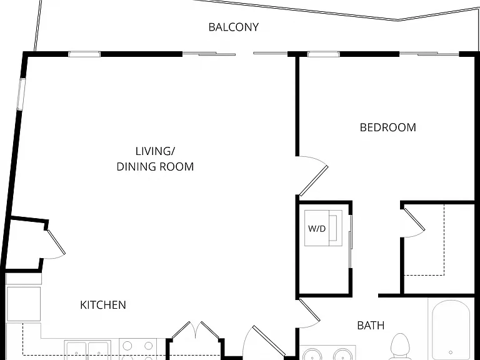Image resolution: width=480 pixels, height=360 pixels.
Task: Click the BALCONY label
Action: pos(234,27)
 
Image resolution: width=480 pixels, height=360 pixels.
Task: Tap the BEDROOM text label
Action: pos(388,127)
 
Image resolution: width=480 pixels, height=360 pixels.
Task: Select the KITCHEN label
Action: pos(103,305)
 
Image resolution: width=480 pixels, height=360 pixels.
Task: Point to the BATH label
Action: pos(371,326)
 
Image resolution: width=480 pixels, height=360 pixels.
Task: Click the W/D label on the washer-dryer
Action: pos(316,228)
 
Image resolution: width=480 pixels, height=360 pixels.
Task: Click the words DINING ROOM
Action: pos(155,166)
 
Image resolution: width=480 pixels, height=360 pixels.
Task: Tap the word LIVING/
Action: pos(155,151)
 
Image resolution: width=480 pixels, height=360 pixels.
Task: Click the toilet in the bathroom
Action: pos(400,346)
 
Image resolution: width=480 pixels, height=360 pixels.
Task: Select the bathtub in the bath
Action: pos(451,330)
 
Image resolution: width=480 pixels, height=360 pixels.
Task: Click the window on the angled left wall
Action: pos(21,94)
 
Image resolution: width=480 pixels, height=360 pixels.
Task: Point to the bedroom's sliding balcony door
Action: pos(429,54)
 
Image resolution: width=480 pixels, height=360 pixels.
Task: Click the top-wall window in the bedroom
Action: pos(323,54)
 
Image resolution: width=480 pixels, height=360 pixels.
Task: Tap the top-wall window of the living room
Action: pos(84,54)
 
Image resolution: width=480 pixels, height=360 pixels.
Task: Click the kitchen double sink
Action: pos(87,350)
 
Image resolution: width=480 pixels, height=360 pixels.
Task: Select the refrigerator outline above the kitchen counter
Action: pos(24,304)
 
